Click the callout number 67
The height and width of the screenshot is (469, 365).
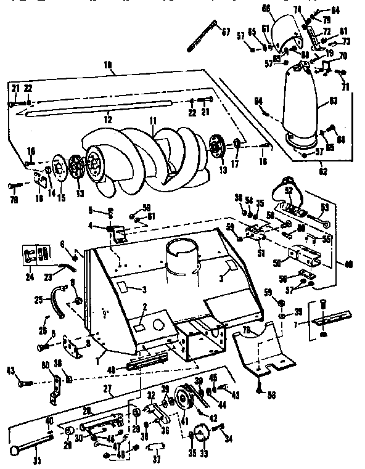(x=226, y=33)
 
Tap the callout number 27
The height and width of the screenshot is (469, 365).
(x=107, y=389)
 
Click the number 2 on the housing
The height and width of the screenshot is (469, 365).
(x=144, y=306)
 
